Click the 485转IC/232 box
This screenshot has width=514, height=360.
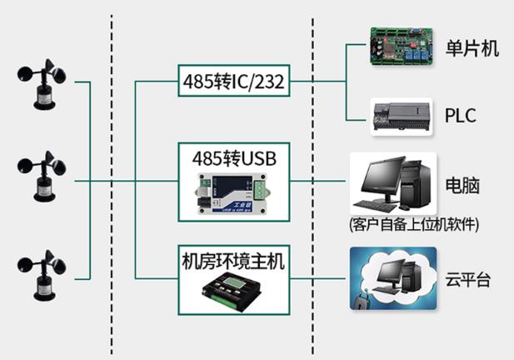232,81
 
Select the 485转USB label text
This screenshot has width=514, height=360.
232,156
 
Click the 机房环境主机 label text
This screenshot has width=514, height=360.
232,261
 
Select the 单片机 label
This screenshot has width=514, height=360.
472,48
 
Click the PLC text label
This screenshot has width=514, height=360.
461,115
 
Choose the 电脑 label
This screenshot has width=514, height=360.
462,185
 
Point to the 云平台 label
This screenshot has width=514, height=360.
467,279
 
